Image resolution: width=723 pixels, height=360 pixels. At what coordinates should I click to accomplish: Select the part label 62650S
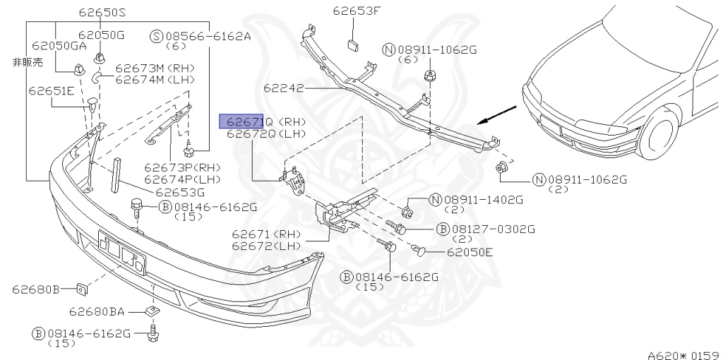pyautogui.click(x=102, y=12)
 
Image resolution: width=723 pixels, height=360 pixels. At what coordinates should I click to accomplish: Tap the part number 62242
pyautogui.click(x=283, y=89)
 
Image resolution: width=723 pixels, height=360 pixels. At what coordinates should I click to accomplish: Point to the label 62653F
pyautogui.click(x=357, y=11)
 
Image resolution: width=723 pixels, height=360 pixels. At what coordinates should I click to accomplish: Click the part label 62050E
pyautogui.click(x=469, y=252)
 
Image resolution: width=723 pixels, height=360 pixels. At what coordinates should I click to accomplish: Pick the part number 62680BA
pyautogui.click(x=97, y=311)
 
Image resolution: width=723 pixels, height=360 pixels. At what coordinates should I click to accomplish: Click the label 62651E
pyautogui.click(x=51, y=90)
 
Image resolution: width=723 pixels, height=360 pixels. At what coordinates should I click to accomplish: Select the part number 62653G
pyautogui.click(x=180, y=191)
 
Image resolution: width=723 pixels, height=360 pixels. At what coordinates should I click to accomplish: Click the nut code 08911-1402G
pyautogui.click(x=484, y=200)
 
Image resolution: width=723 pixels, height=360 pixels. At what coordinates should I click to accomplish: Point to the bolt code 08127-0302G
pyautogui.click(x=494, y=229)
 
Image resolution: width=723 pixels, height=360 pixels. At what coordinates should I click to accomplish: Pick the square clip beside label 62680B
pyautogui.click(x=81, y=288)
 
